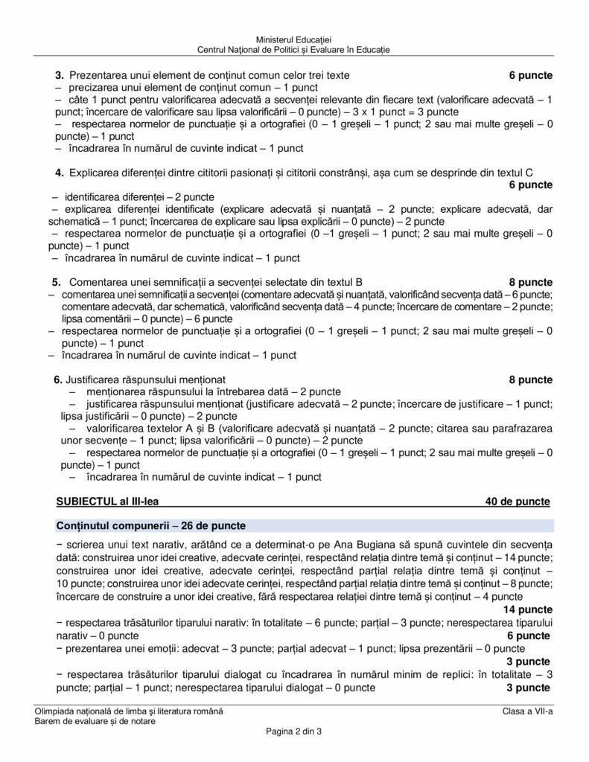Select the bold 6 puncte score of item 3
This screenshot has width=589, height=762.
530,75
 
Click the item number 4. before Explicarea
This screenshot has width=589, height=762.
60,173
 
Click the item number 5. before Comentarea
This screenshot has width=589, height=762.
57,282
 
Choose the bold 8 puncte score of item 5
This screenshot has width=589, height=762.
530,282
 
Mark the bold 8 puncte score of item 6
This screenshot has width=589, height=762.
530,380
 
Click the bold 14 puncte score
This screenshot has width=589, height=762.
528,609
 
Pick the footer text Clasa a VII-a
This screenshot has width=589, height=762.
526,711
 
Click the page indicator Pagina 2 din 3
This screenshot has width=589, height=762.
293,732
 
